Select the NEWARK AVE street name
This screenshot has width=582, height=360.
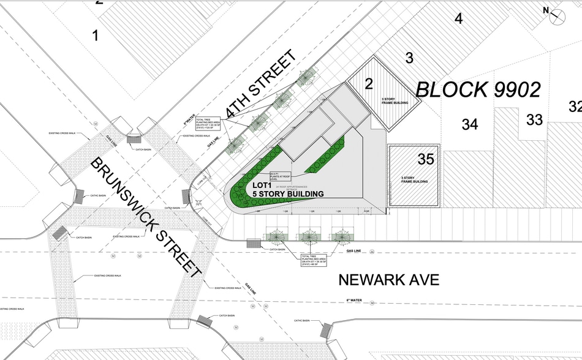click(389, 280)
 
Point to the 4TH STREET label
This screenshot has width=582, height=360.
click(260, 85)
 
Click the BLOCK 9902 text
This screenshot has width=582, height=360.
click(478, 90)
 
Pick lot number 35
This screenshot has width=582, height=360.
click(426, 159)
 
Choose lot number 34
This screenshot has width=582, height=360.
click(470, 124)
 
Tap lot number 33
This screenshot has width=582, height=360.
click(534, 119)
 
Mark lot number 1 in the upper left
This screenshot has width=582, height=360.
click(95, 36)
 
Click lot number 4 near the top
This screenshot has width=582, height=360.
click(458, 18)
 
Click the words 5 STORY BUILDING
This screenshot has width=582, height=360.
click(289, 193)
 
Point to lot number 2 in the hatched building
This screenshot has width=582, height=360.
click(369, 84)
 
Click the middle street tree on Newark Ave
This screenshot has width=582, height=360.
click(309, 236)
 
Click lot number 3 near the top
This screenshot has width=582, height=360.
click(409, 58)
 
